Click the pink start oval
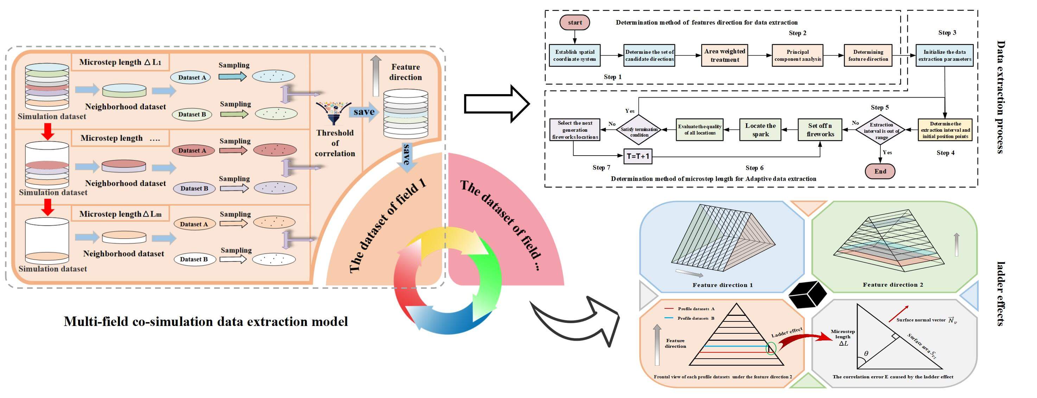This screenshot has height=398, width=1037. coord(574,22)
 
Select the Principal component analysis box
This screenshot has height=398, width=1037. coord(797,56)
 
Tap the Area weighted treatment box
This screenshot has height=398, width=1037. coord(725,56)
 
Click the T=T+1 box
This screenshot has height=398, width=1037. coord(638,156)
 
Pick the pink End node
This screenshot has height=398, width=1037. coord(880,171)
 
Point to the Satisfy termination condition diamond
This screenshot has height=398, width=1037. coord(639,130)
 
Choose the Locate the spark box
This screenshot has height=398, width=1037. coord(760,130)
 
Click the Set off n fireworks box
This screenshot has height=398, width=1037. coord(820,130)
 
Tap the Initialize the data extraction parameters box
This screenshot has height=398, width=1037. coord(944,56)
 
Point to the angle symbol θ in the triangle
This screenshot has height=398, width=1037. coord(866,354)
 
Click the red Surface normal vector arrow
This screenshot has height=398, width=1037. coord(898,314)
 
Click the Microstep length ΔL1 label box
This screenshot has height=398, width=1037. coord(120,62)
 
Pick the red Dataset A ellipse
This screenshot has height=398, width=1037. coord(192,151)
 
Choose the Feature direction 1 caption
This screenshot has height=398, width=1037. coord(722,285)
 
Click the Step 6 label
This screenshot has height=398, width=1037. coord(754,168)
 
